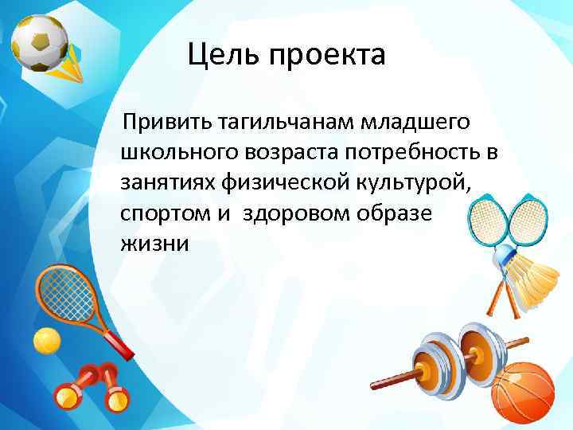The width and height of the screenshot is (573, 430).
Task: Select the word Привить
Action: tap(162, 123)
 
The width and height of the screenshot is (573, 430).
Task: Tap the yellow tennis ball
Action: tap(46, 342)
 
